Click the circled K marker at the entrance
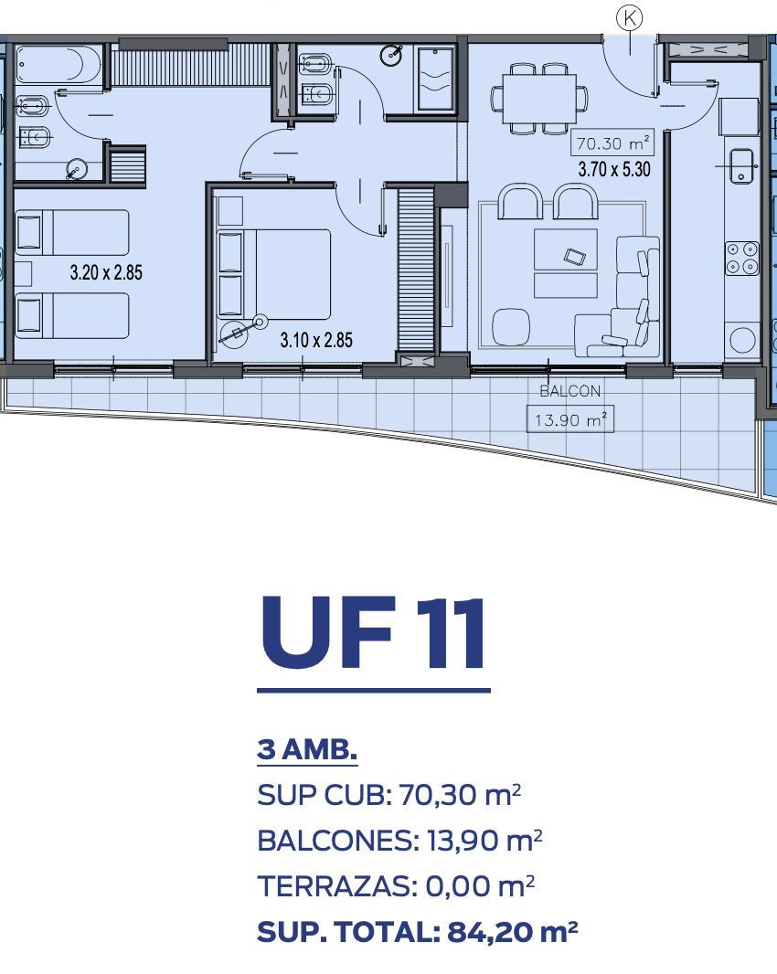coord(630,18)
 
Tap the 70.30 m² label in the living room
coord(612,143)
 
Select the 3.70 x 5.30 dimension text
coord(614,169)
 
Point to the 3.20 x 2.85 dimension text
coord(106,272)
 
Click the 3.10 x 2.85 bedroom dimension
coord(316,340)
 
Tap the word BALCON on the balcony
coord(570,391)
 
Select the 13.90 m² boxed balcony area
coord(570,419)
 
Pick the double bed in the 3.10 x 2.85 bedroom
coord(273,274)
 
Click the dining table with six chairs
coord(539,99)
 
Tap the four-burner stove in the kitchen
coord(742,258)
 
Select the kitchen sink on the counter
coord(741,165)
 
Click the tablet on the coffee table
coord(574,256)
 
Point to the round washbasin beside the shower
coord(391,56)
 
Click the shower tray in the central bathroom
coord(436,79)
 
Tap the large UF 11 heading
coord(373,632)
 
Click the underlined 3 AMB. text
coord(307,749)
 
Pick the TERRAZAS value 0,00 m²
coord(480,885)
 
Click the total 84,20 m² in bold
coord(513,932)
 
